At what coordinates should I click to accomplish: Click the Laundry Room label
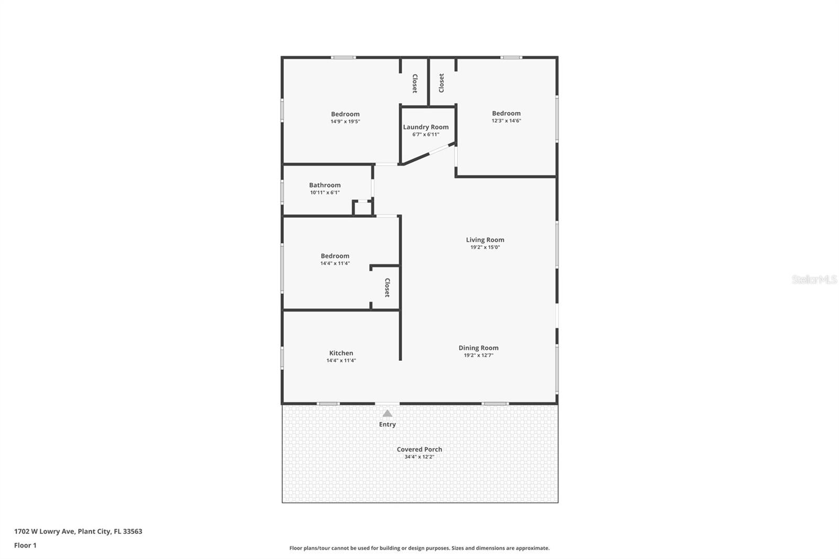pos(426,127)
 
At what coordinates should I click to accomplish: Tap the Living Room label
pos(485,240)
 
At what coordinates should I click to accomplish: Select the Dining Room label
pos(478,348)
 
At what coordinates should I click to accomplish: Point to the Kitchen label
pos(341,353)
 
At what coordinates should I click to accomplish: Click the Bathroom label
pos(325,185)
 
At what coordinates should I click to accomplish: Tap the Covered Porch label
pos(419,449)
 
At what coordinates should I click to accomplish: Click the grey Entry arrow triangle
pos(388,413)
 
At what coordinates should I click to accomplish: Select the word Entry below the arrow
pos(388,424)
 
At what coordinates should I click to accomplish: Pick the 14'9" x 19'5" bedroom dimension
pos(345,122)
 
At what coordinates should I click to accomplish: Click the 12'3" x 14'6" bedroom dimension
pos(506,121)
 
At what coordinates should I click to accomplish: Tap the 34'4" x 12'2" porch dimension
pos(419,457)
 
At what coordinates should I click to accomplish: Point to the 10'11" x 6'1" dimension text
pos(325,192)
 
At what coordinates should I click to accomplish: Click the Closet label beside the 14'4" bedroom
pos(388,288)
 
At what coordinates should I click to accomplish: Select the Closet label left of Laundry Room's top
pos(415,83)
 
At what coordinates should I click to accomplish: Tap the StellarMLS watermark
pos(814,279)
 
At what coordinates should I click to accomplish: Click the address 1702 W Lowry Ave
pos(78,531)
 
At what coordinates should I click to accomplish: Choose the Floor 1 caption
pos(25,545)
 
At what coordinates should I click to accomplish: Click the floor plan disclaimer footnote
pos(419,548)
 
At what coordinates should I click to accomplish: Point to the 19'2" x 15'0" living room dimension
pos(485,247)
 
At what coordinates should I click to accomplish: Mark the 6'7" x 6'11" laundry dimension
pos(426,134)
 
